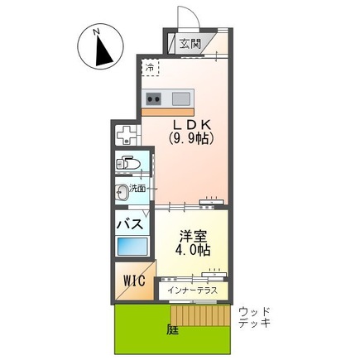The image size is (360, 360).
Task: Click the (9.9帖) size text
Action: [x=191, y=139]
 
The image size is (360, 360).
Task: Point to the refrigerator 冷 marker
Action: [x=151, y=68]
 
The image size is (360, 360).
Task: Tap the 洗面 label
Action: [x=138, y=189]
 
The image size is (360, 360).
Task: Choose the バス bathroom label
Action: [x=132, y=224]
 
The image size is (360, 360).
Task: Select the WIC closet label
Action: [x=133, y=281]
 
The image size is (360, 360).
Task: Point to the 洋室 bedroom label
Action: [x=191, y=234]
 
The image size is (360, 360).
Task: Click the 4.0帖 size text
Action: [x=191, y=248]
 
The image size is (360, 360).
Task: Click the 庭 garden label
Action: [x=171, y=329]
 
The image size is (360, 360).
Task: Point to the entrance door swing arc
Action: [x=186, y=18]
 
